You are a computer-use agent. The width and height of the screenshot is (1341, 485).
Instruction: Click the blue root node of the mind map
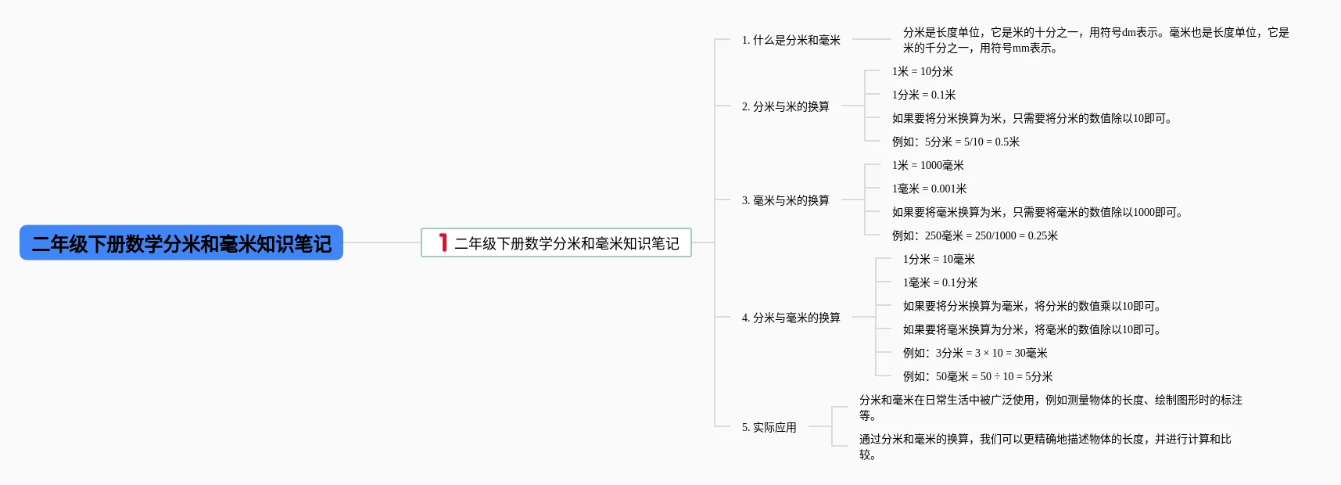click(181, 243)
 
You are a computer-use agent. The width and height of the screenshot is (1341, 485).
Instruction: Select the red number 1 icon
click(443, 242)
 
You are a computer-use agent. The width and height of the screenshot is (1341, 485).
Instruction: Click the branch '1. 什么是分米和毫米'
click(791, 40)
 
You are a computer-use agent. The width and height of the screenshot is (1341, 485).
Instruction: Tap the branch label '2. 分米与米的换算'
click(785, 106)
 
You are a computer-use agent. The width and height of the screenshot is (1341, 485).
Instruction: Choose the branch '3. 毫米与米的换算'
click(785, 200)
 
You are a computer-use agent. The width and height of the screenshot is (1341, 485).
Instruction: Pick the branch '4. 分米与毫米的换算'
click(791, 318)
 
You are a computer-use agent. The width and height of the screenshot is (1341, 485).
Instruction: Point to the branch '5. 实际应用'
click(769, 427)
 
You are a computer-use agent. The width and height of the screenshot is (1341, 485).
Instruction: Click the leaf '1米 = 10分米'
click(922, 71)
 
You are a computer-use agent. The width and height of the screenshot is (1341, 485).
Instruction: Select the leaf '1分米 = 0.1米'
click(923, 95)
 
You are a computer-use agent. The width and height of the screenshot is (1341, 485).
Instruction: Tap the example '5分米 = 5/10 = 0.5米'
click(972, 142)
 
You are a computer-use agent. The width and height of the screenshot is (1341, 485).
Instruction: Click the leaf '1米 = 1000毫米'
click(927, 165)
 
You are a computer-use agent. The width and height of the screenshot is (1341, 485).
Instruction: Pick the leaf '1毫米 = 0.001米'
click(929, 189)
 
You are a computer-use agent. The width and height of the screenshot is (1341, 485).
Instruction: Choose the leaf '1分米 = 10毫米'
click(938, 259)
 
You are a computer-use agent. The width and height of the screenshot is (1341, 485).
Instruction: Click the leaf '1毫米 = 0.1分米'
click(940, 282)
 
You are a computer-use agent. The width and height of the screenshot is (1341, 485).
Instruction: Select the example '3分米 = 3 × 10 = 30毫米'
click(991, 353)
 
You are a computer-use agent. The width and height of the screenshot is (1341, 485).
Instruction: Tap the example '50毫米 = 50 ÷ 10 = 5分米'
click(994, 376)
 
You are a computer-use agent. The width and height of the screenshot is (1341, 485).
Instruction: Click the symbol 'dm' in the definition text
click(1128, 33)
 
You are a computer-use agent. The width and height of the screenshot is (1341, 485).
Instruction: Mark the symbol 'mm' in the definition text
click(1020, 48)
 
